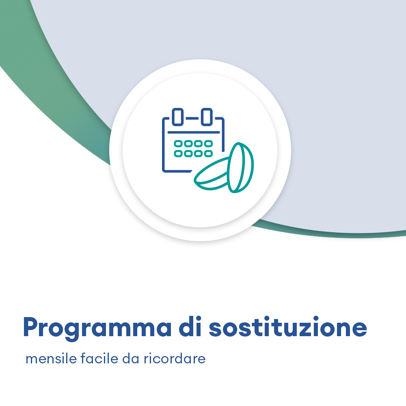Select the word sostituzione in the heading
coord(288,327)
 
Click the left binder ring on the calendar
coord(177,117)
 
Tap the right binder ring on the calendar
coord(207,117)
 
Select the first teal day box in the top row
coord(178,143)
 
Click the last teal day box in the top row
coord(208,143)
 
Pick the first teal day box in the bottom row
coord(178,153)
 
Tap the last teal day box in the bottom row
coord(208,153)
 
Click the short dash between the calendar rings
coord(192,118)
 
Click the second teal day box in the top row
coord(188,143)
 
